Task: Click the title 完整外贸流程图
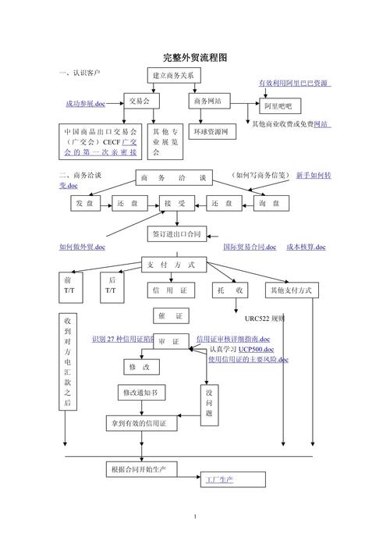195,58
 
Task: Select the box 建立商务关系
175,77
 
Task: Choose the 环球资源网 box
212,132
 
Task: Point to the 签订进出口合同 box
176,233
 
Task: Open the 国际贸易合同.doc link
250,248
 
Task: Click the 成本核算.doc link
306,248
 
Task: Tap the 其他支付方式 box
290,290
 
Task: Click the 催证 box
169,316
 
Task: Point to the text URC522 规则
264,319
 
